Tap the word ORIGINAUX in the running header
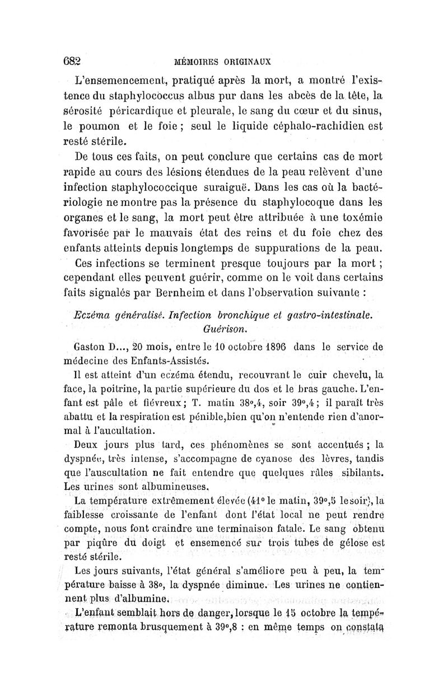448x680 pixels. coord(248,61)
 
